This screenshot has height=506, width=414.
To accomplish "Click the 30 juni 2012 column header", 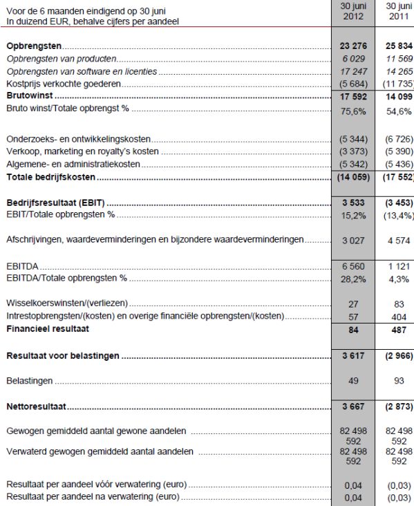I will point(353,11).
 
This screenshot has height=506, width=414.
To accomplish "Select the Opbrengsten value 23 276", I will point(354,46).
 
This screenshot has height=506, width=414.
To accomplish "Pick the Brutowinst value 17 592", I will point(354,97).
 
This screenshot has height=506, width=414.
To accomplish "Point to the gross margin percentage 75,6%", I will point(354,110).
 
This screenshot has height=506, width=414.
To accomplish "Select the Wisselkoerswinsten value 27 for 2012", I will point(354,304).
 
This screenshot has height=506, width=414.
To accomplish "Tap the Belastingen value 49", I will point(354,381).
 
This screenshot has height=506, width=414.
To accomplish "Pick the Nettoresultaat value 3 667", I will point(354,406).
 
